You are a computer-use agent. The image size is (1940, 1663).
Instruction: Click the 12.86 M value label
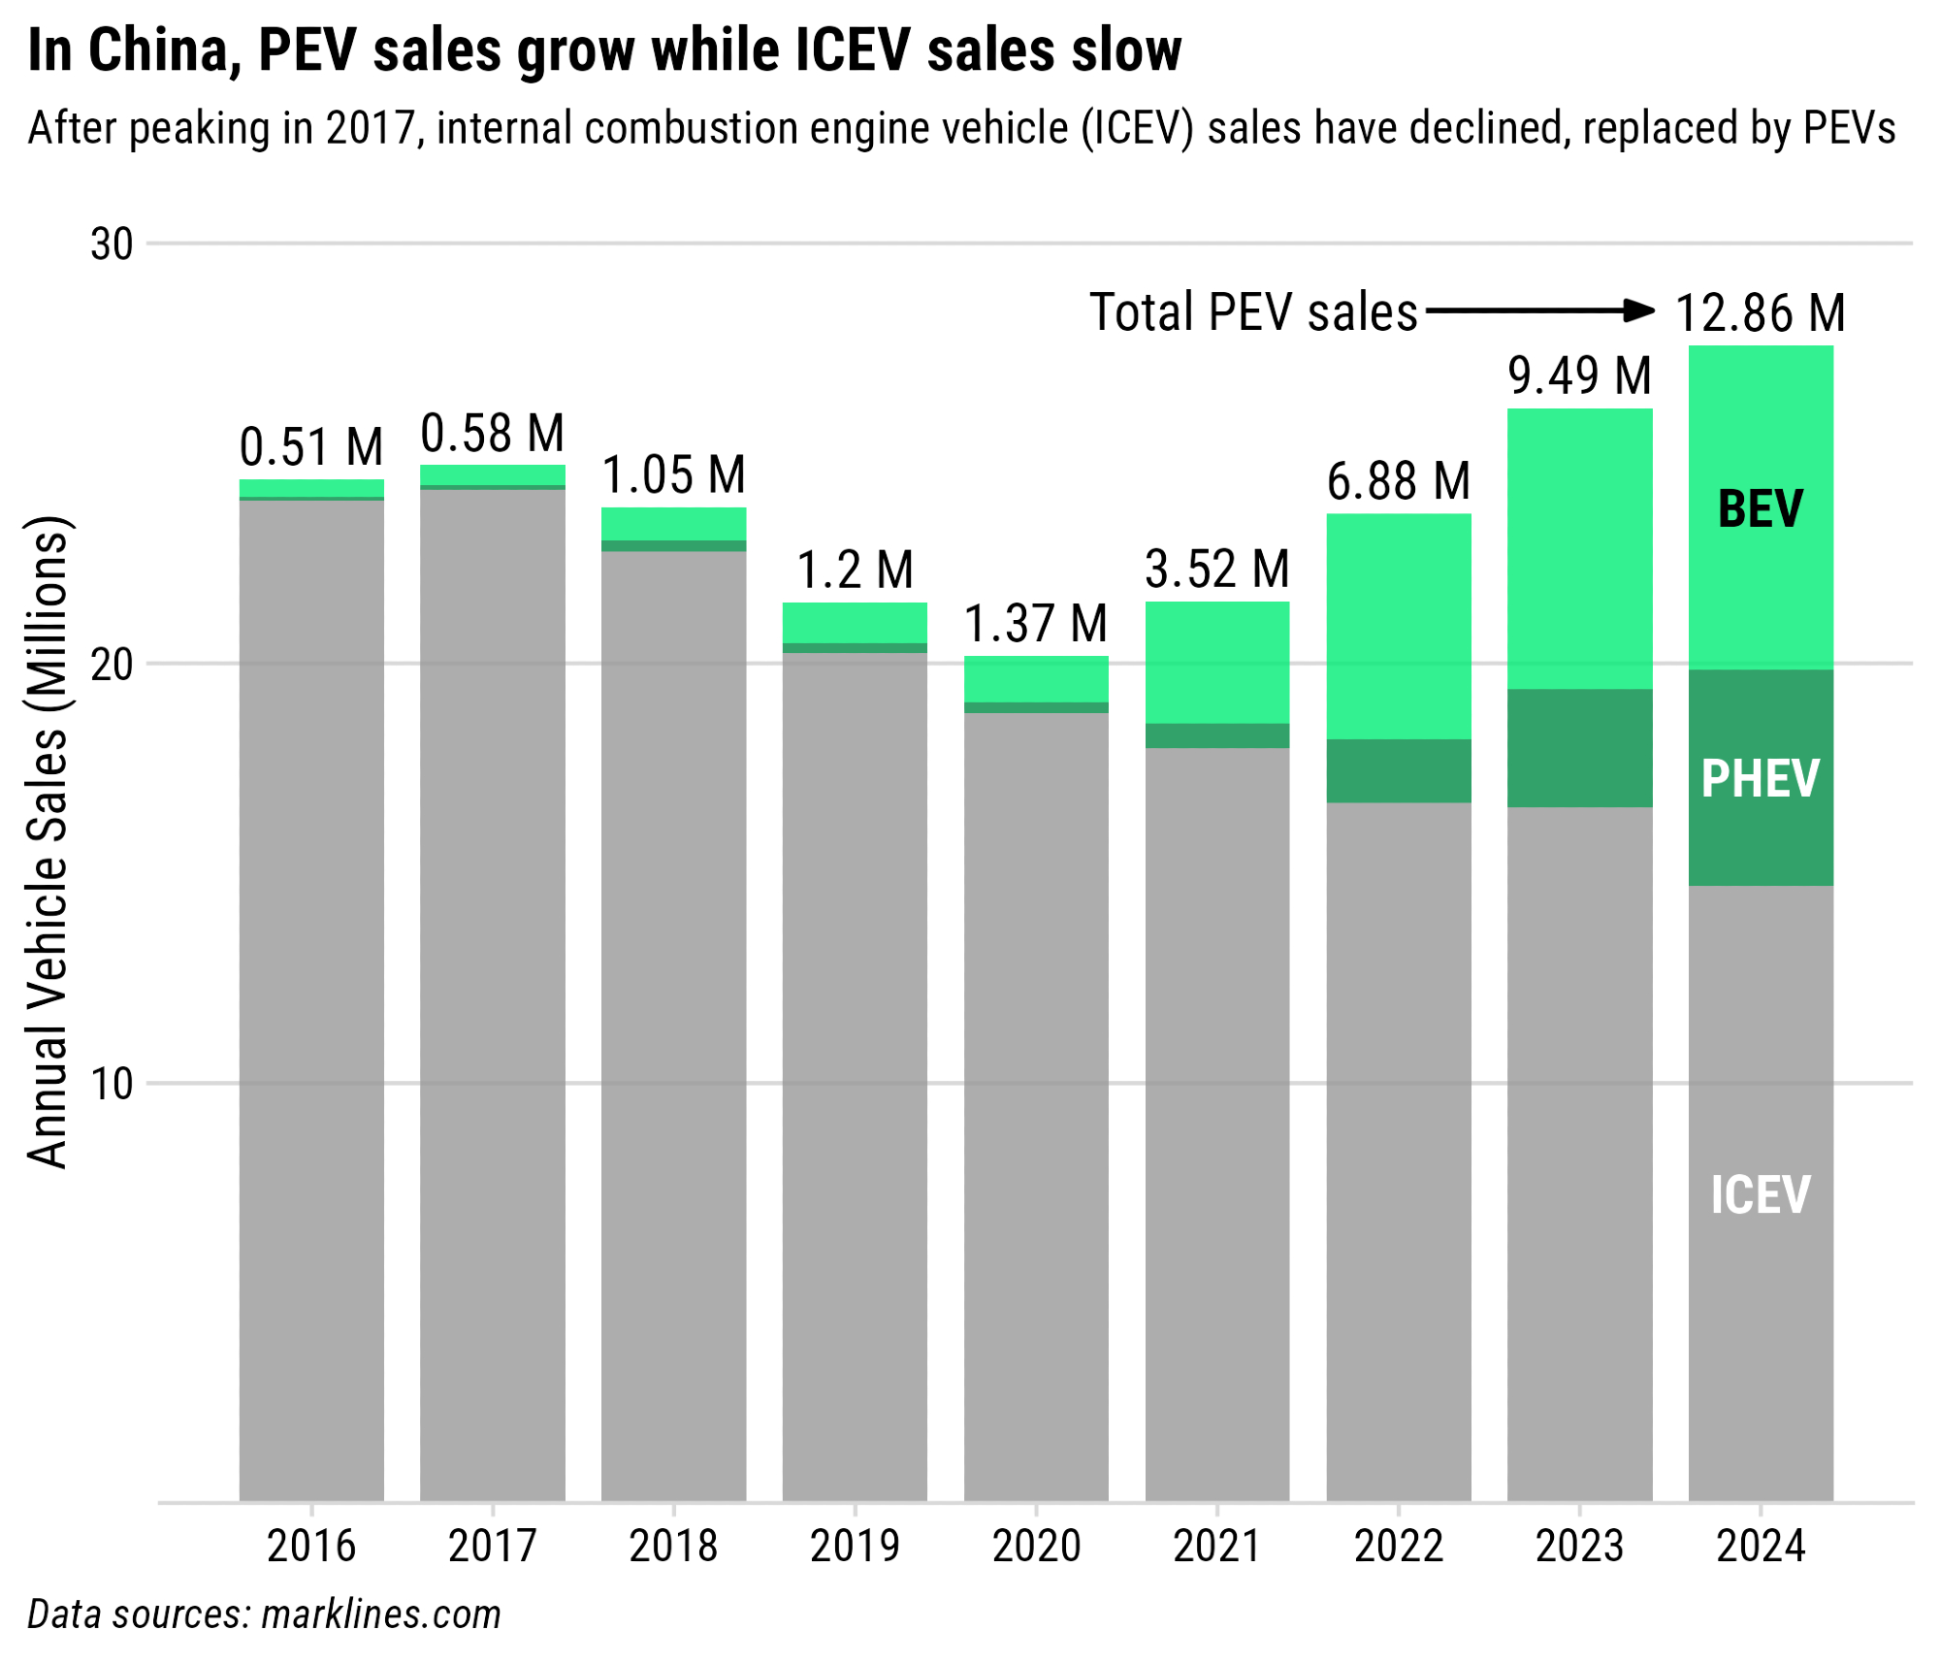pos(1760,313)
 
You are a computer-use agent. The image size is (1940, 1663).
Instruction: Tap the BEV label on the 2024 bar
pos(1760,509)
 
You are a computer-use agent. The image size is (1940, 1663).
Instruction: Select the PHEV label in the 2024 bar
pos(1760,779)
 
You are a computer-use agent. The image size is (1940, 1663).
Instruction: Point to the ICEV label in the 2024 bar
pos(1760,1194)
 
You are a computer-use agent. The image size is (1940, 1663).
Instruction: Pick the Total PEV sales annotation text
pos(1253,313)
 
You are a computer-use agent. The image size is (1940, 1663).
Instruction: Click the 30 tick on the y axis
pos(112,245)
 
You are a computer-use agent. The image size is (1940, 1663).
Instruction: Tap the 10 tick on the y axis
pos(112,1084)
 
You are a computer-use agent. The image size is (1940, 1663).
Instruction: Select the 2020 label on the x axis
pos(1036,1547)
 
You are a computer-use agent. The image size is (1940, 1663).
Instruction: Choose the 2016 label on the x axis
pos(311,1547)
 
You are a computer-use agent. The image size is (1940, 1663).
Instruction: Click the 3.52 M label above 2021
pos(1217,570)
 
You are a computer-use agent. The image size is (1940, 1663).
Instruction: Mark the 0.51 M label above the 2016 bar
pos(311,447)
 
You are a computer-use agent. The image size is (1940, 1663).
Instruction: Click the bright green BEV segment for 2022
pos(1399,626)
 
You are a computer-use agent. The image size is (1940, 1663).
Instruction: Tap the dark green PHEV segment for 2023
pos(1579,748)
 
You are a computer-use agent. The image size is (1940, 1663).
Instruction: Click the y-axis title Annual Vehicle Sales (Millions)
pos(48,842)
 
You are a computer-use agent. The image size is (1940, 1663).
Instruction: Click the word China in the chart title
pos(164,50)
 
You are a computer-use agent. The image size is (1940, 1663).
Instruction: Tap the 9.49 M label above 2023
pos(1579,376)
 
